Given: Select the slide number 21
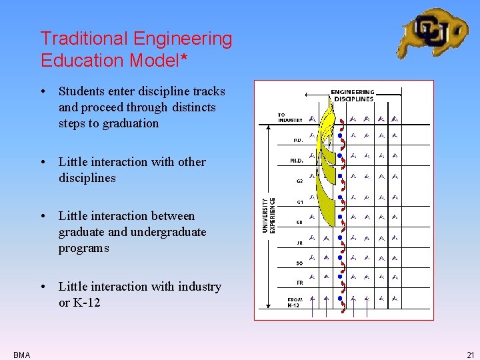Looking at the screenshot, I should tap(471, 355).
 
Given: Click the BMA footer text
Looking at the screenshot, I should tap(21, 355).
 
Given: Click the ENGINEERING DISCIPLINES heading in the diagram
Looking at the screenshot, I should tap(353, 95).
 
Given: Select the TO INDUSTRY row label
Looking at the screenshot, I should tap(290, 118).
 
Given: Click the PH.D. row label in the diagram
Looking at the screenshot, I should tap(296, 160).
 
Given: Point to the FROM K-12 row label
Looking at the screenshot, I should tap(294, 302).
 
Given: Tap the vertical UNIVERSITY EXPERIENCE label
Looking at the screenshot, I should tap(268, 215).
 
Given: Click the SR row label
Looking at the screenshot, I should tap(299, 223).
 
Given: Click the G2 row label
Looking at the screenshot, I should tap(299, 181).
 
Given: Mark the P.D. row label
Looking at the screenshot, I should tap(298, 140).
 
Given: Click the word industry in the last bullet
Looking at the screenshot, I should tap(197, 287).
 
